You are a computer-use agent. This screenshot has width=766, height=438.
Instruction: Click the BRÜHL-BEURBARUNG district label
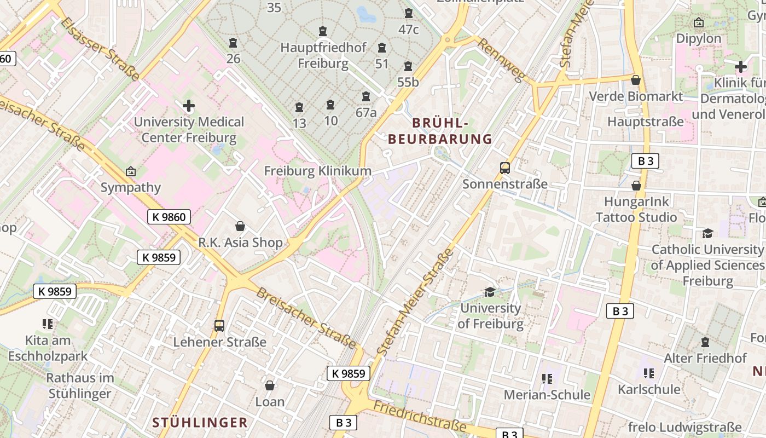(x=440, y=131)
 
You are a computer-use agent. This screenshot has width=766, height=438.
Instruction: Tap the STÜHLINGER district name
(x=200, y=423)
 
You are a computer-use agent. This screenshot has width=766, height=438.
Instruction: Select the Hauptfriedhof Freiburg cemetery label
(x=323, y=55)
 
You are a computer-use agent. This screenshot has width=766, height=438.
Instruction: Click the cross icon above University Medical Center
(x=189, y=105)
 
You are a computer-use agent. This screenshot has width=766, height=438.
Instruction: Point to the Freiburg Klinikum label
(x=317, y=171)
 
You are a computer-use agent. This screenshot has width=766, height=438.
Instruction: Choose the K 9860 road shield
(x=169, y=217)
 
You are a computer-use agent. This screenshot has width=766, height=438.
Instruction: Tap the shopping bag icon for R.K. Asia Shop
(x=240, y=226)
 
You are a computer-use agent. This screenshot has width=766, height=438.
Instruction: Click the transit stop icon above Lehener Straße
(x=219, y=326)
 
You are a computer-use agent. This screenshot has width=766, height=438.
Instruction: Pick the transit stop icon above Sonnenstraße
(x=505, y=168)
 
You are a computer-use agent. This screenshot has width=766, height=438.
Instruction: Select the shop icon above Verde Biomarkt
(x=636, y=80)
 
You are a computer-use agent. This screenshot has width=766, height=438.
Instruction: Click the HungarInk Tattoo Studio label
(x=636, y=210)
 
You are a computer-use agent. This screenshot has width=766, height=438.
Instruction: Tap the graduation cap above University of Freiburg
(x=490, y=292)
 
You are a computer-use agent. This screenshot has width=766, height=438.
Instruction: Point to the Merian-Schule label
(x=547, y=395)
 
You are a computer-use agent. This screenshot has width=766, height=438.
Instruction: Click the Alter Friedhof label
(x=705, y=359)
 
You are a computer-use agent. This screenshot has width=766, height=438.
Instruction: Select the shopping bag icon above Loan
(x=270, y=386)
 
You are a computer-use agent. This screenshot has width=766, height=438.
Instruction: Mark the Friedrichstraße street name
(x=420, y=416)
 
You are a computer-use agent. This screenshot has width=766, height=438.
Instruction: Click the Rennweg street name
(x=501, y=59)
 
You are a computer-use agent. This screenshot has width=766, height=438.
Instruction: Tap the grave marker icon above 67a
(x=366, y=97)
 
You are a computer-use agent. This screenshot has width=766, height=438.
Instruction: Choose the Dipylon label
(x=699, y=39)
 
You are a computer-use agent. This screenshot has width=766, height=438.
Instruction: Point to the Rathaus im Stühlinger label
(x=80, y=385)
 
